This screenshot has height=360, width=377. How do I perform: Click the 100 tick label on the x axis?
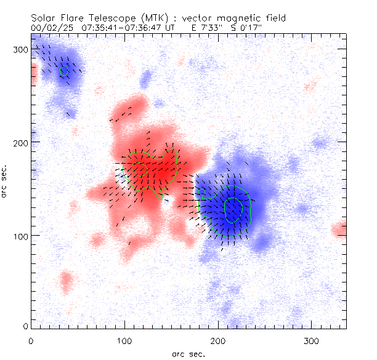[124, 340]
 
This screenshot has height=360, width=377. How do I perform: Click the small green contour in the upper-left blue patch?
[64, 71]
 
